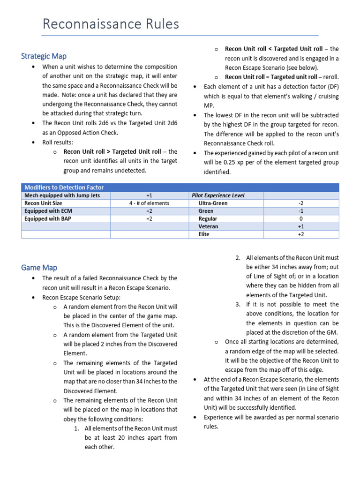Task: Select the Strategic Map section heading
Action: click(44, 56)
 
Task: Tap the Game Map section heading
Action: click(39, 268)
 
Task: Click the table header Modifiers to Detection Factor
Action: click(64, 187)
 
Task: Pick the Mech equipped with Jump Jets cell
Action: click(62, 195)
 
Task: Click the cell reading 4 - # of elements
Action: click(149, 203)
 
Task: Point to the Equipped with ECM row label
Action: click(48, 211)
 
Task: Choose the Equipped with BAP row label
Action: click(48, 218)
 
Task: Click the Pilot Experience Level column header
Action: click(218, 195)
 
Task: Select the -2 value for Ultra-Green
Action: click(300, 203)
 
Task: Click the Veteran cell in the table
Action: click(208, 226)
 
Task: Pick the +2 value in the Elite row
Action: click(300, 234)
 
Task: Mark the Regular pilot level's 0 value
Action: click(300, 218)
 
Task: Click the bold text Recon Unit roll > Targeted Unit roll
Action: click(112, 151)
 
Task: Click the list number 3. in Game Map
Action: click(238, 304)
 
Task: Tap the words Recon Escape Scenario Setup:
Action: click(81, 297)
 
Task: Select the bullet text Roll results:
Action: click(58, 142)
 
